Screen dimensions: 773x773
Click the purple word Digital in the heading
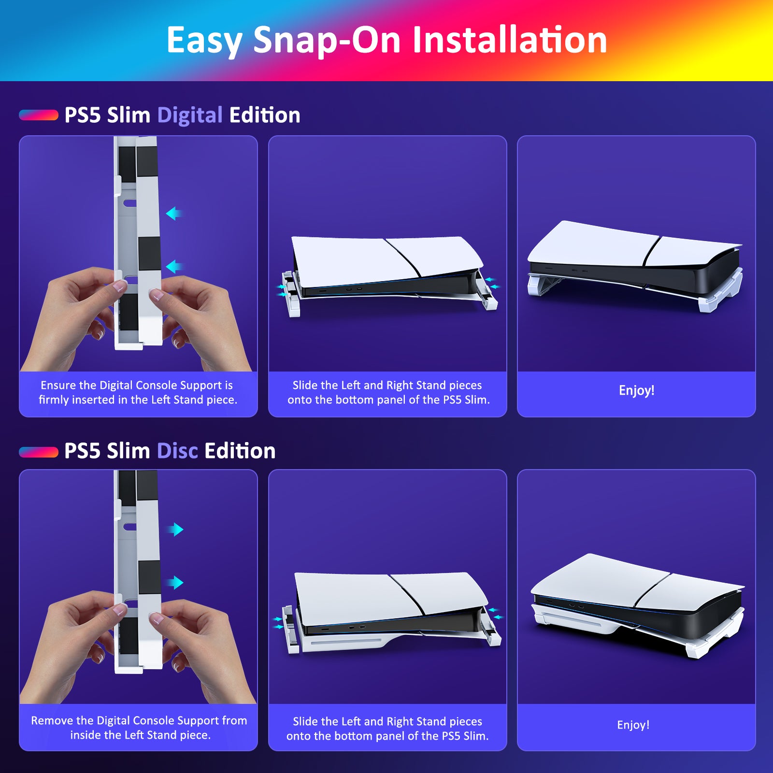[x=190, y=115]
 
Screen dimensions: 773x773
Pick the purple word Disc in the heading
[x=177, y=451]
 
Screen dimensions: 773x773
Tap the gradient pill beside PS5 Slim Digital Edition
[x=39, y=115]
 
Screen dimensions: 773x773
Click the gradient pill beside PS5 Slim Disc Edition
[x=39, y=452]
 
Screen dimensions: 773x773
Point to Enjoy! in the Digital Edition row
[x=636, y=390]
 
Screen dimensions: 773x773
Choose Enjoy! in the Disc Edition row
[x=633, y=725]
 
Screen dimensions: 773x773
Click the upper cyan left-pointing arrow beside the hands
[x=173, y=213]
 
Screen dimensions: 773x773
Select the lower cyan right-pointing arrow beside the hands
[x=176, y=582]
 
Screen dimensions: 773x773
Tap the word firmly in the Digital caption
[x=53, y=400]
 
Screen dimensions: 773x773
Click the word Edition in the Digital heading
[x=264, y=115]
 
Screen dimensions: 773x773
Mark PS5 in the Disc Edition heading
[x=83, y=451]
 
